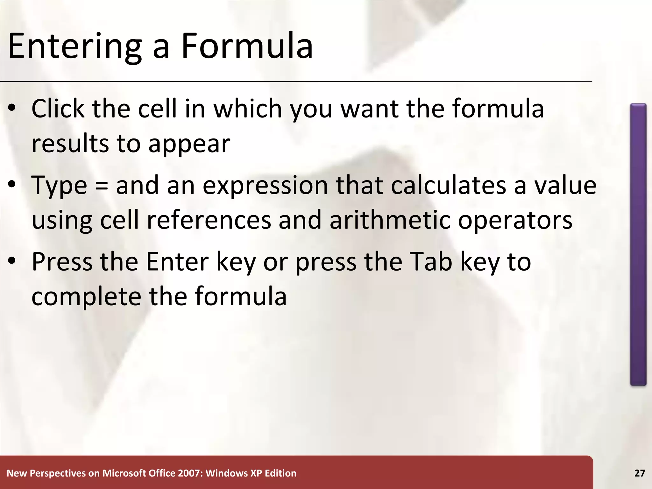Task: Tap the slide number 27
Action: [640, 473]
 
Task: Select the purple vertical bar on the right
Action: [638, 244]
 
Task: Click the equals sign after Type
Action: [101, 186]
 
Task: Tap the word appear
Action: [189, 144]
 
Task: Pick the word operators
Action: [515, 220]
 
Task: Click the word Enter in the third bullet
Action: [177, 262]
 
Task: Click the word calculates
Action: [449, 185]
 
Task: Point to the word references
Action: [209, 220]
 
